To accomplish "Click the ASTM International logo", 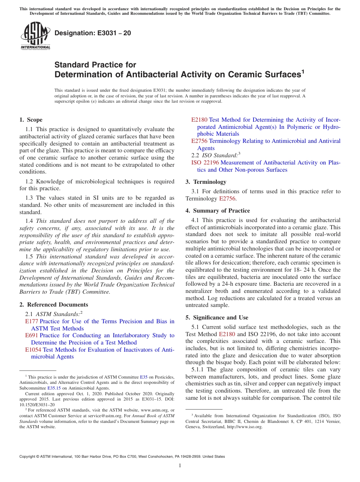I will click(x=35, y=36).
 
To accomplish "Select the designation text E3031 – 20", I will click(x=93, y=33).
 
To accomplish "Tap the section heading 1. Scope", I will click(x=31, y=120).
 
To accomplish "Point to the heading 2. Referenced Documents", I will click(x=54, y=305).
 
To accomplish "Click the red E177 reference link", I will click(x=31, y=321).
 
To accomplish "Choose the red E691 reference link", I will click(x=31, y=335).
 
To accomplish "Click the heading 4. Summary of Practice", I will click(x=218, y=211).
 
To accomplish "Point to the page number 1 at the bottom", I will click(x=180, y=466).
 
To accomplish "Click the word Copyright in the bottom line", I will click(x=28, y=457).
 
